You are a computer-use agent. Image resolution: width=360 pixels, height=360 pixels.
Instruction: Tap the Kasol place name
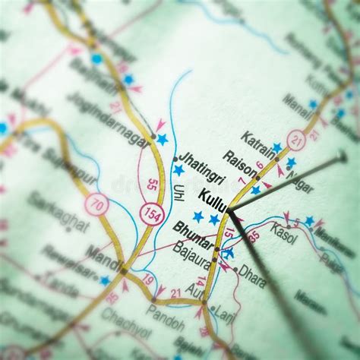[284, 232]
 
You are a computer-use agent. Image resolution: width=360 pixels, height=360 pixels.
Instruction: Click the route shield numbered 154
[152, 214]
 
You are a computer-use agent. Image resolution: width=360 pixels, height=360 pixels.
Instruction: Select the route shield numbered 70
[96, 204]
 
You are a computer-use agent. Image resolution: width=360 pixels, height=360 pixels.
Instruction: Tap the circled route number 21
[296, 139]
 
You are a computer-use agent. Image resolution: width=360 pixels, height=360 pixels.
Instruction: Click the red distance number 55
[153, 184]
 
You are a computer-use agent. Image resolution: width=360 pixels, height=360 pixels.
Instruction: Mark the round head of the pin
[343, 157]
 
